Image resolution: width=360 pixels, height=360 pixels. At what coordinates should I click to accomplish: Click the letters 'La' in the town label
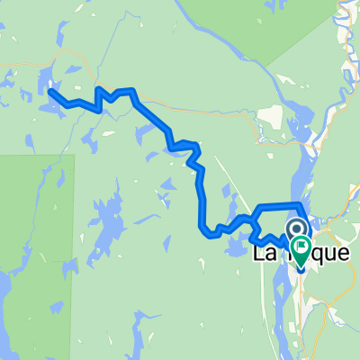point(266,255)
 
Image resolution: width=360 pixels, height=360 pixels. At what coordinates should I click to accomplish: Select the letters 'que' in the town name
point(330,255)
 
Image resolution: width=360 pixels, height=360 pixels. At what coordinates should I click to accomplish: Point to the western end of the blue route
point(49,92)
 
